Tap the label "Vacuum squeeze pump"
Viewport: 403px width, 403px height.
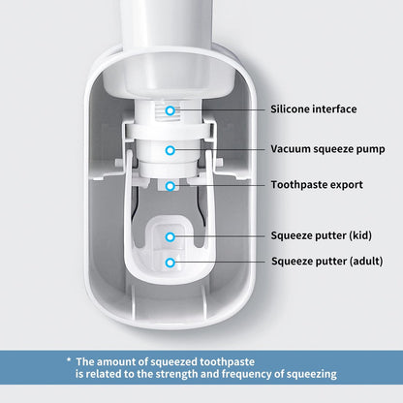(328, 149)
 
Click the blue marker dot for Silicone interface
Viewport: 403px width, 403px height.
(170, 110)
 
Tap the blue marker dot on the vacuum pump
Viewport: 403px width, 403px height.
(170, 150)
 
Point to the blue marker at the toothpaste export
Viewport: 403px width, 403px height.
(170, 184)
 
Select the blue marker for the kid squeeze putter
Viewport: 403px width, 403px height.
(170, 236)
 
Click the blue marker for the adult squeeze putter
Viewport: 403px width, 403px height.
(170, 262)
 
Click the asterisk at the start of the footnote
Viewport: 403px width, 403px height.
(69, 358)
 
